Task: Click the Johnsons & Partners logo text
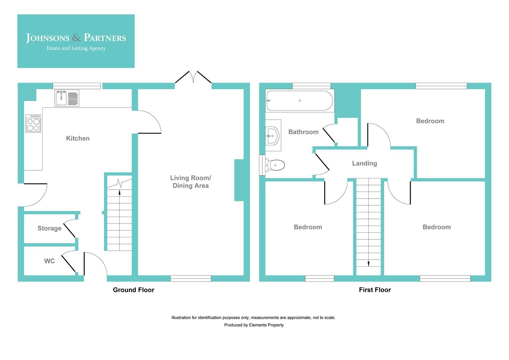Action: coord(76,38)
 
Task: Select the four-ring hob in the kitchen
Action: coord(33,123)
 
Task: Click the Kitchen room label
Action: coord(78,138)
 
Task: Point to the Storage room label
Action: coord(49,228)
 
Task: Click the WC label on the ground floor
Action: coord(49,261)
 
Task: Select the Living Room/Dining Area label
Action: coord(191,182)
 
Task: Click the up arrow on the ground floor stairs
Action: coord(119,192)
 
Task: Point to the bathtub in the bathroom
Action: coord(299,100)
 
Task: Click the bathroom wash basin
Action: coord(273,136)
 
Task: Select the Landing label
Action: coord(364,163)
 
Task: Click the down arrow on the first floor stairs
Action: coord(368,264)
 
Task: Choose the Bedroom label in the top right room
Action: coord(430,121)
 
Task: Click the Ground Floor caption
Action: coord(134,290)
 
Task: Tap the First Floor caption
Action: coord(375,290)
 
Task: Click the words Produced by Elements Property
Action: coord(254,325)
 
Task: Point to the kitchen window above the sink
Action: coord(77,86)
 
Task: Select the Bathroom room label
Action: coord(303,132)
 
